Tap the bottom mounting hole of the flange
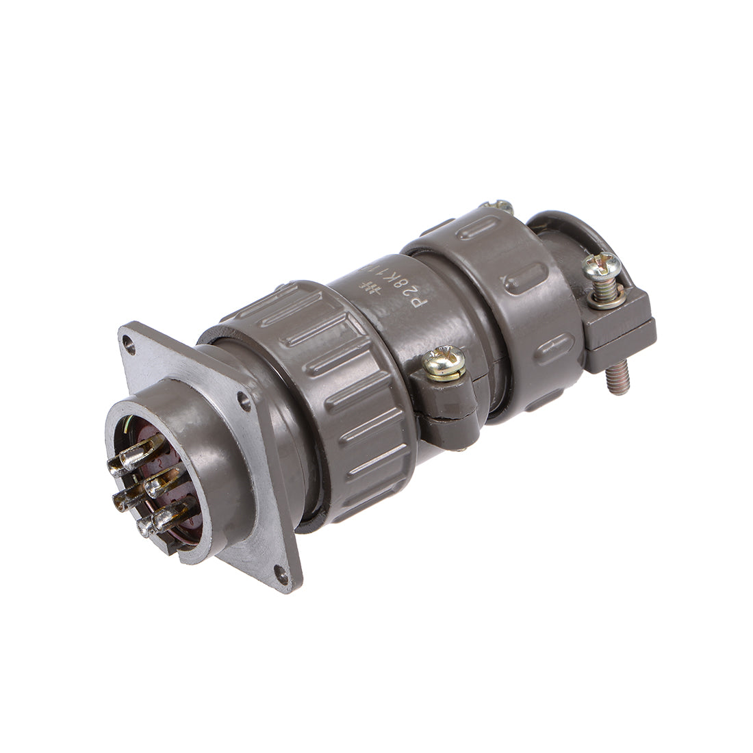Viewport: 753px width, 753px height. pyautogui.click(x=280, y=567)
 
